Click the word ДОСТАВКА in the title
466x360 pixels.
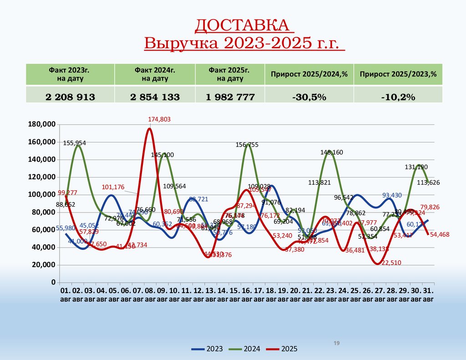(242, 26)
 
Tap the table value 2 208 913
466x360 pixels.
(70, 96)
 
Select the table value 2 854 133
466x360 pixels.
(155, 96)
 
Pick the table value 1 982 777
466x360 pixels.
(229, 96)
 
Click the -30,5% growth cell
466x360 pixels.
(309, 96)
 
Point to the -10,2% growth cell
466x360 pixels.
(398, 96)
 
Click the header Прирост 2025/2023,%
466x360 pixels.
(398, 74)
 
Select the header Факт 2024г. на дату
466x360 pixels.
(155, 74)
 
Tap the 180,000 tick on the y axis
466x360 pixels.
(41, 124)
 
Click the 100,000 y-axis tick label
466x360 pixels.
(41, 194)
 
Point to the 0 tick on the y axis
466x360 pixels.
(53, 282)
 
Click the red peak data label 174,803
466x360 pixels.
(159, 119)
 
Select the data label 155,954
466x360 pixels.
(75, 143)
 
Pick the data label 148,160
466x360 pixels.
(331, 152)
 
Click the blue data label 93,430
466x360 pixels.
(392, 195)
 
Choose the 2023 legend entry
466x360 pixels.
(208, 349)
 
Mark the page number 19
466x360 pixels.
(337, 343)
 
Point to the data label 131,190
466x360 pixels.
(416, 167)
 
